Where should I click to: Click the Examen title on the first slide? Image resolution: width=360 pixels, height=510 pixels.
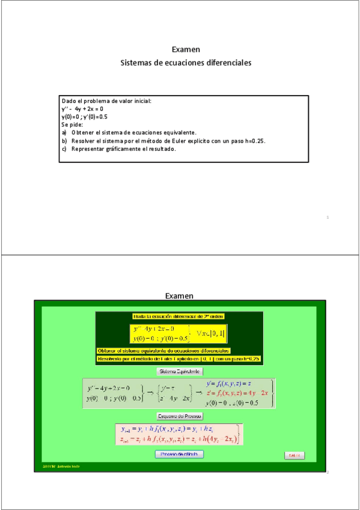click(x=186, y=49)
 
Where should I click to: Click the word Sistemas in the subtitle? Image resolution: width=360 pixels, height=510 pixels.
click(x=137, y=63)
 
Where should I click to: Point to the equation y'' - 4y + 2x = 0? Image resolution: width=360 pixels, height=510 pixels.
click(x=82, y=109)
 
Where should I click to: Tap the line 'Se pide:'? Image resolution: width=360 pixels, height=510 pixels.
click(x=72, y=124)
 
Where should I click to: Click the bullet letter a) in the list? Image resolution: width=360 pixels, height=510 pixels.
click(x=64, y=132)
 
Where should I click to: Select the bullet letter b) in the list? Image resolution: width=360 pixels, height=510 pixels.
click(x=64, y=141)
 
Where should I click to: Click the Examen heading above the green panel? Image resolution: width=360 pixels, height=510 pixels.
click(x=179, y=295)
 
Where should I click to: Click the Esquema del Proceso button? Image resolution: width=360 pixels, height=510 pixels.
click(x=180, y=416)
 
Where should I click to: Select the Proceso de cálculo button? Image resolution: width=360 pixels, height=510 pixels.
click(x=180, y=454)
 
